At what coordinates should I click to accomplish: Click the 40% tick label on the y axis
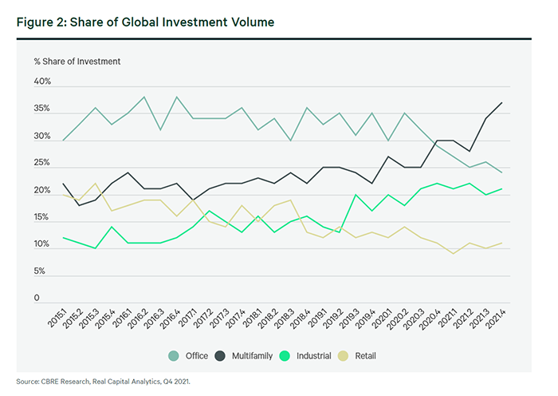coord(42,82)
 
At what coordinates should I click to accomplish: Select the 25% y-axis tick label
coord(42,164)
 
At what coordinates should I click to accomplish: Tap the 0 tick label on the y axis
coord(36,299)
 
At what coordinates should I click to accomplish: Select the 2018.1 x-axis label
coord(250,322)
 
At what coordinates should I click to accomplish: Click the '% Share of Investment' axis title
coord(77,61)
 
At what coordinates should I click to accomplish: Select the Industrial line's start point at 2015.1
coord(63,237)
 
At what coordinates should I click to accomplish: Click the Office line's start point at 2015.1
coord(63,141)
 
